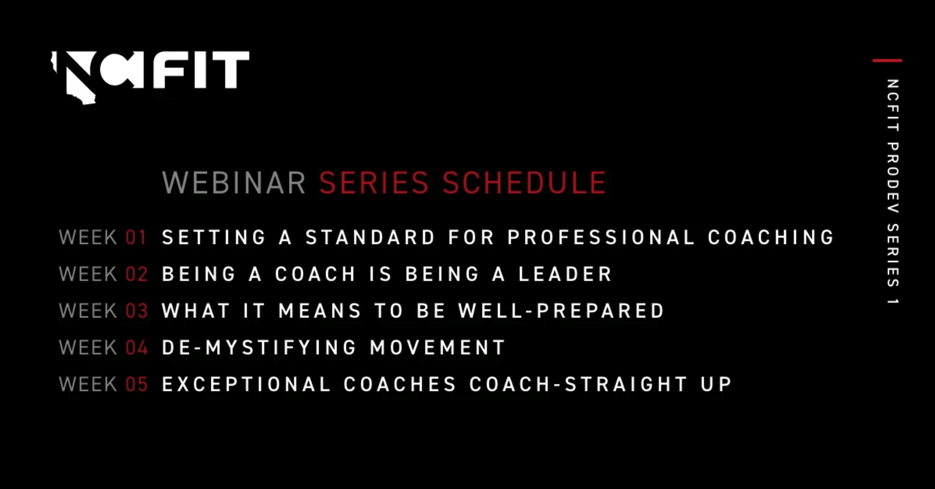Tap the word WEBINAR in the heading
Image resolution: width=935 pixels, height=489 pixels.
coord(234,183)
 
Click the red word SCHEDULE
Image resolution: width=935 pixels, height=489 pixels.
coord(524,183)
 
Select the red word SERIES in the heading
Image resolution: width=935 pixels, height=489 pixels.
coord(374,183)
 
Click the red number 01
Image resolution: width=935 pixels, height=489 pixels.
coord(136,237)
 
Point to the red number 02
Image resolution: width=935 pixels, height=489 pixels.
coord(136,274)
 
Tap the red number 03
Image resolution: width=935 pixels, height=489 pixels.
coord(136,311)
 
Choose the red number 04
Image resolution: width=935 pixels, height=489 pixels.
coord(136,347)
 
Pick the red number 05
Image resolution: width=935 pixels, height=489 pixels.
coord(136,384)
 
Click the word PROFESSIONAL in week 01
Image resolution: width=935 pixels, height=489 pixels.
coord(601,237)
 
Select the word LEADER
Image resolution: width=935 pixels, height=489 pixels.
coord(565,274)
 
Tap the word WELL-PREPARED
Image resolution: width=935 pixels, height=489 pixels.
coord(561,311)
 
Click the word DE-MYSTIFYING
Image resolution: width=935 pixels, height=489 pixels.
coord(259,347)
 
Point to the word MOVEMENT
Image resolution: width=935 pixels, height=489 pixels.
coord(437,347)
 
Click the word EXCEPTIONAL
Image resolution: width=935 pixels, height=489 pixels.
coord(246,384)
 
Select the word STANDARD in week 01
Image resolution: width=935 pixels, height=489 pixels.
coord(370,237)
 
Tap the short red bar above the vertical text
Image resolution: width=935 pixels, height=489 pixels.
coord(887,61)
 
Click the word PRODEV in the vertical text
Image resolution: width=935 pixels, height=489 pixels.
coord(892,178)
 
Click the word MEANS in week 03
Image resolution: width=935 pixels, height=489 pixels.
coord(320,311)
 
